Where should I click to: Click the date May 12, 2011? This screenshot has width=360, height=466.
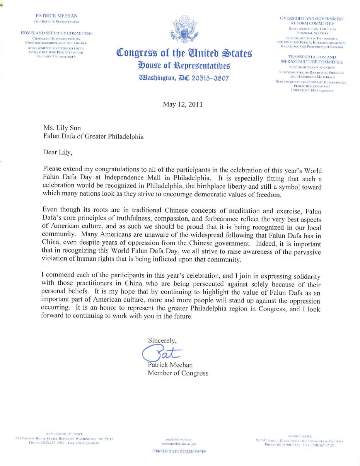[x=183, y=104]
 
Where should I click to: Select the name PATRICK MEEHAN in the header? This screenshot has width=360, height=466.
[x=56, y=16]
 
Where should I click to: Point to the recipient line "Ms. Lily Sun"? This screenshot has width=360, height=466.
[x=62, y=128]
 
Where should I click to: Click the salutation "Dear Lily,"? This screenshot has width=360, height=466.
[x=58, y=152]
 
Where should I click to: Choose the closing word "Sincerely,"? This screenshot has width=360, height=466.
[x=162, y=341]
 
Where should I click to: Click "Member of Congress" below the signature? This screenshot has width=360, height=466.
[x=178, y=373]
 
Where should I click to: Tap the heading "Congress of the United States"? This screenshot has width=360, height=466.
[x=184, y=53]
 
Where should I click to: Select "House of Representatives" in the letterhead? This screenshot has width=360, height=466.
[x=184, y=65]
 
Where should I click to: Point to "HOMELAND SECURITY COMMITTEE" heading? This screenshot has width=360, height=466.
[x=56, y=33]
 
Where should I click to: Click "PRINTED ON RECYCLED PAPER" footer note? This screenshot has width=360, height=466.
[x=179, y=451]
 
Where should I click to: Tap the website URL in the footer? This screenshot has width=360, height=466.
[x=179, y=444]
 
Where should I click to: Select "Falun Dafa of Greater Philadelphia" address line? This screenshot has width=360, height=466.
[x=93, y=137]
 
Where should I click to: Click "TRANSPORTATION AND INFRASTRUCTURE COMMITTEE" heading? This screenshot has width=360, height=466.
[x=312, y=59]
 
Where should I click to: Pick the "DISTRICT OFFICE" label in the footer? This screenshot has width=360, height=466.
[x=299, y=436]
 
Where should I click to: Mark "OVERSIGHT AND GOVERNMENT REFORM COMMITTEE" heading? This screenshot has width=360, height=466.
[x=312, y=21]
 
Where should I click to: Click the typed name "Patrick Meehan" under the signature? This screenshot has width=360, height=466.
[x=170, y=365]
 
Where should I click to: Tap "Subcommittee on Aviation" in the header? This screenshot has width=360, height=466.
[x=312, y=67]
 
